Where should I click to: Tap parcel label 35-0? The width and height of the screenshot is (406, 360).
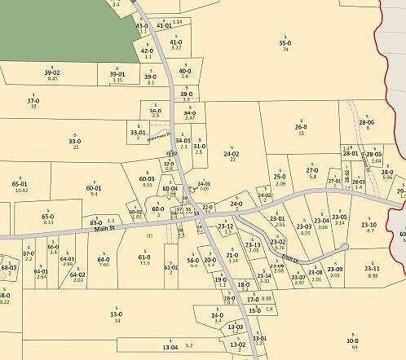click(x=285, y=42)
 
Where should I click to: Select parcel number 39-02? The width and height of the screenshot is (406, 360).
click(x=52, y=72)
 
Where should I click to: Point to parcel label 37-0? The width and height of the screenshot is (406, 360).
click(x=33, y=100)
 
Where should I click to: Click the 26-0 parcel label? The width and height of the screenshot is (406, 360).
click(x=301, y=126)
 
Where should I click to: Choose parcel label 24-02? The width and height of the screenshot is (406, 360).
click(x=232, y=153)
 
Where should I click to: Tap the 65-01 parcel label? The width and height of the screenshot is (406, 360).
click(x=20, y=184)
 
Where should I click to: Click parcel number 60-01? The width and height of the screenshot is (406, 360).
click(x=94, y=188)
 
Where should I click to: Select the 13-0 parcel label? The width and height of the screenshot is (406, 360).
click(x=117, y=314)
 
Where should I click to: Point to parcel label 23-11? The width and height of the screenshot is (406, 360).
click(x=373, y=268)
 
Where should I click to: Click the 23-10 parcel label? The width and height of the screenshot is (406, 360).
click(x=369, y=224)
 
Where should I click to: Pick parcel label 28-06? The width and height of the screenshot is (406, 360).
click(x=367, y=122)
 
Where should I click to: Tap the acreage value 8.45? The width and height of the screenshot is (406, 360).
click(x=53, y=78)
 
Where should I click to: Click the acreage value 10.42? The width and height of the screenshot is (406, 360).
click(x=21, y=191)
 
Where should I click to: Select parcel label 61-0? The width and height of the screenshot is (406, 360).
click(x=144, y=257)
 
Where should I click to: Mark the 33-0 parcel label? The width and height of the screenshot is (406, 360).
click(x=75, y=141)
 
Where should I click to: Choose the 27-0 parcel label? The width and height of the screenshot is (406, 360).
click(x=312, y=170)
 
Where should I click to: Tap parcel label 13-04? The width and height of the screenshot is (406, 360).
click(x=170, y=347)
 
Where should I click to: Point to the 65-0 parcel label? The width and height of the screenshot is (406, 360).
click(x=48, y=216)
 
